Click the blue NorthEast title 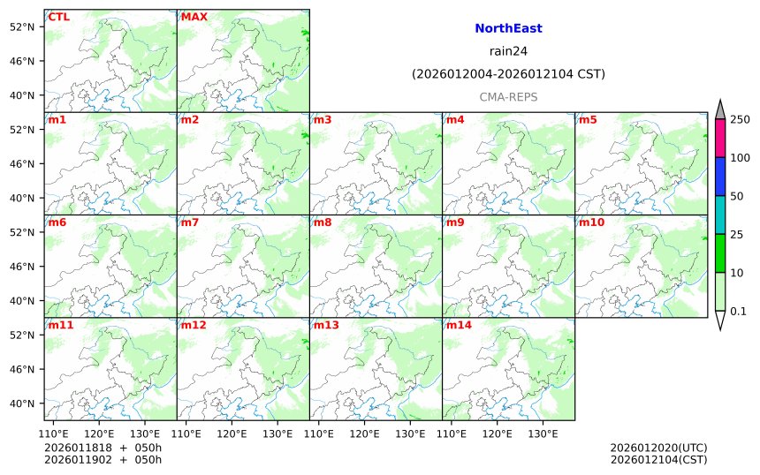pos(508,29)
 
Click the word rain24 pos(508,51)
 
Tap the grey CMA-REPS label pos(508,97)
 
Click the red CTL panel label pos(59,17)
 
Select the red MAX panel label pos(194,17)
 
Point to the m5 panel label pos(588,120)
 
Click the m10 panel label pos(591,222)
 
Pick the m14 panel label pos(459,325)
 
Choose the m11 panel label pos(61,325)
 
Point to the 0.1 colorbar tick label pos(738,311)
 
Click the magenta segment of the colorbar pos(720,139)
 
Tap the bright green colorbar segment pos(720,253)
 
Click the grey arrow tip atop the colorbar pos(720,109)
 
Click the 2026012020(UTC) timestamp pos(658,448)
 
